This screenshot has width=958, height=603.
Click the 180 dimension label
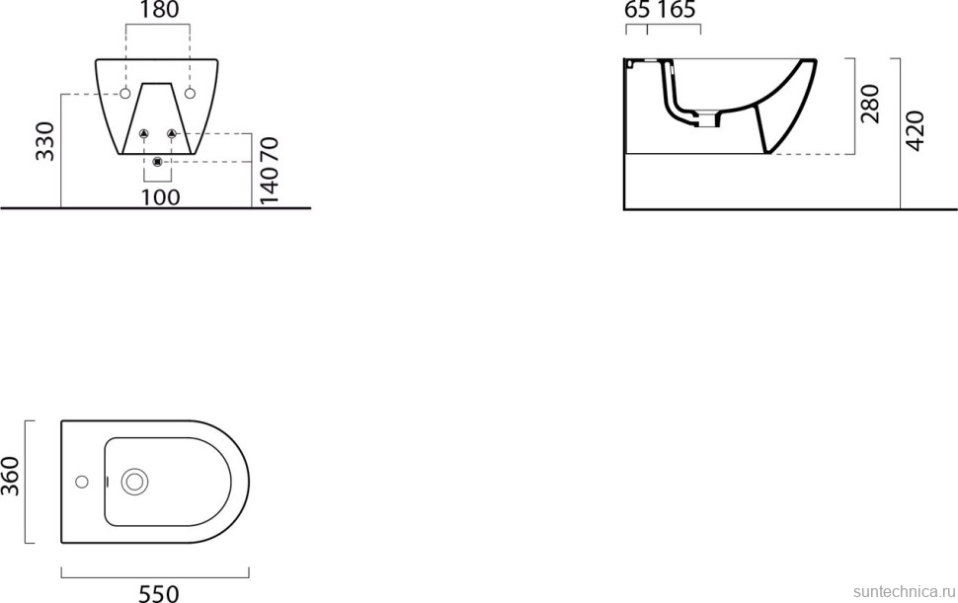(x=159, y=11)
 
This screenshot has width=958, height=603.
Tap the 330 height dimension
(x=45, y=141)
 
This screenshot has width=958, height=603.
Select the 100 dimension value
(x=161, y=197)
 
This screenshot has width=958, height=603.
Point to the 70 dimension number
(x=270, y=149)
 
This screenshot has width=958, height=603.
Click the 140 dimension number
(x=270, y=184)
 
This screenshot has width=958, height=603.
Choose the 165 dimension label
(x=676, y=11)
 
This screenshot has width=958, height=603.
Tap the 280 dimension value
(x=869, y=104)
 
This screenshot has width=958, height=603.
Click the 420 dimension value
(x=915, y=130)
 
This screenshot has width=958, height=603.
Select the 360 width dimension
(x=11, y=477)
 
